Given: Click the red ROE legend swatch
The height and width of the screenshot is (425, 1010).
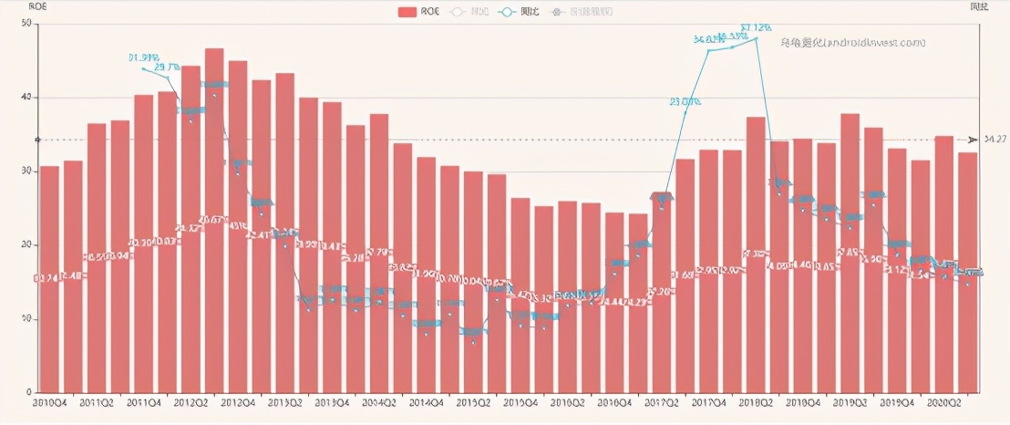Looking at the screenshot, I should click(408, 13).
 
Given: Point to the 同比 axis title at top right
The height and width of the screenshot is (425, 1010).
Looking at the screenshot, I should click(979, 6).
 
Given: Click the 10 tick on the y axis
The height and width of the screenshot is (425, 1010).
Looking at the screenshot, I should click(28, 319).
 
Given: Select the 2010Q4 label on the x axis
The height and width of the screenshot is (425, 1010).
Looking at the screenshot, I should click(49, 402).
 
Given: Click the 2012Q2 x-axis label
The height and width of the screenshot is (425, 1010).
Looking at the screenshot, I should click(191, 402).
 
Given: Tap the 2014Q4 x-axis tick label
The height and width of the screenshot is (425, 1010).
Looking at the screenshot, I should click(426, 402).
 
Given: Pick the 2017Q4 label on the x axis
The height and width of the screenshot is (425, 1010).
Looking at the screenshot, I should click(708, 402).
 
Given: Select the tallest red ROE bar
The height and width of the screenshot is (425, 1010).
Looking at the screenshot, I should click(214, 220).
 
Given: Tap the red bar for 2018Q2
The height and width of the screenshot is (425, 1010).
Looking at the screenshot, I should click(756, 254).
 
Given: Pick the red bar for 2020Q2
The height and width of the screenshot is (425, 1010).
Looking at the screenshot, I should click(944, 264).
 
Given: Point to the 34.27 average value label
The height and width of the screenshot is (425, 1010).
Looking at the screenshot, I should click(995, 140).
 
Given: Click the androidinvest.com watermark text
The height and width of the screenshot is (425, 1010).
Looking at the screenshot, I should click(852, 42).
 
